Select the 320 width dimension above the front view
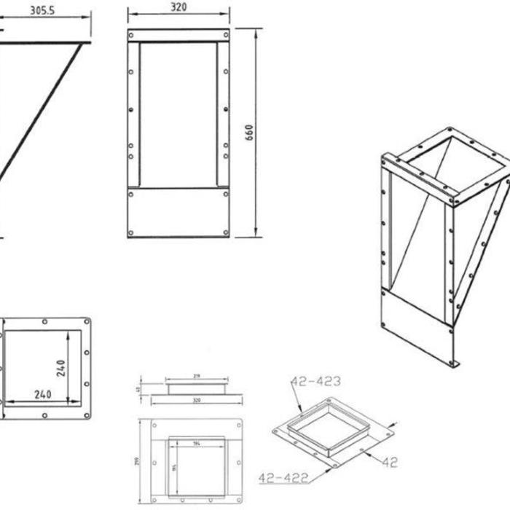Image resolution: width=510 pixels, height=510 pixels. (178, 7)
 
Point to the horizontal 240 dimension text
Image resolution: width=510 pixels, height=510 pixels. (42, 394)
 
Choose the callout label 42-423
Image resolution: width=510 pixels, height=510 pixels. (315, 381)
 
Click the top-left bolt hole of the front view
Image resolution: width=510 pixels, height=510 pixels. (131, 35)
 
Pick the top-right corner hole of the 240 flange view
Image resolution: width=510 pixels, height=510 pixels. (87, 321)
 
